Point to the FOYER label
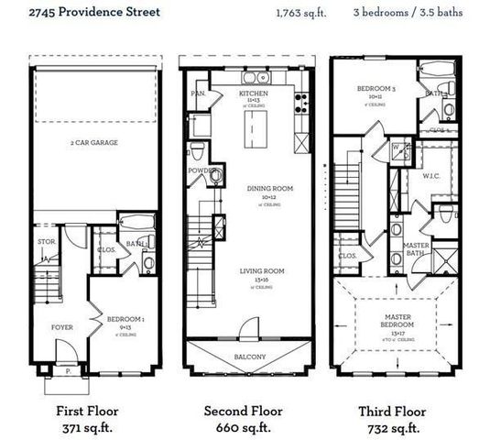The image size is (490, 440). point(62,325)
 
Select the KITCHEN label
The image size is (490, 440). point(252,93)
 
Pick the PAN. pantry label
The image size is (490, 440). point(196,93)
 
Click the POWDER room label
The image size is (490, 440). point(201,170)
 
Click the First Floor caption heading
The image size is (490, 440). point(87,411)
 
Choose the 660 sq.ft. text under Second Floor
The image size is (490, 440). point(243,427)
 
